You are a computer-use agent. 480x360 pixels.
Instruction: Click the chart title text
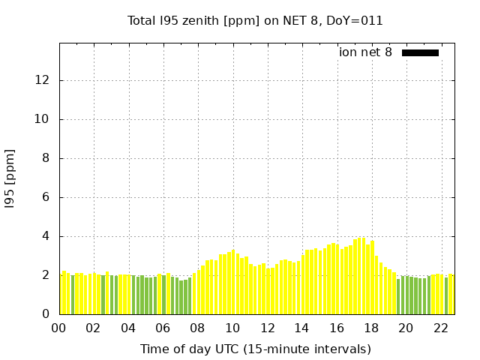pos(255,21)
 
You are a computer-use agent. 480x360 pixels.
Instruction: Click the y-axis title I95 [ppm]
pos(10,179)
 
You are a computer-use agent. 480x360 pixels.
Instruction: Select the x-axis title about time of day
pos(255,349)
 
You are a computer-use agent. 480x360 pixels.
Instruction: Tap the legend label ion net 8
pos(365,52)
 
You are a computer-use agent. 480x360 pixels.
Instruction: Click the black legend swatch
pos(420,52)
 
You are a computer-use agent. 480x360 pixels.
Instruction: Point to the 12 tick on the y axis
pos(44,80)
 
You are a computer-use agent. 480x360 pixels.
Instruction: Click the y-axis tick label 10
pos(44,119)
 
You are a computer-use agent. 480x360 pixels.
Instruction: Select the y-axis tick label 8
pos(47,158)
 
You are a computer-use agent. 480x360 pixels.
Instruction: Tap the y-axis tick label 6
pos(47,197)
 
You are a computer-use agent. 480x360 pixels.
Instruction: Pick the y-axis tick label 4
pos(47,236)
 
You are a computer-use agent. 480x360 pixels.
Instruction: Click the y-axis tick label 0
pos(47,314)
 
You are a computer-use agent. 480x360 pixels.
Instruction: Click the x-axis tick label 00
pos(59,328)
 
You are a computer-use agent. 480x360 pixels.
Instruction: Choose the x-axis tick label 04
pos(128,328)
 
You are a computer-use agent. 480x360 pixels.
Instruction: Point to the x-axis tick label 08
pos(197,328)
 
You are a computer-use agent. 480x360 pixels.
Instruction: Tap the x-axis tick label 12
pos(267,328)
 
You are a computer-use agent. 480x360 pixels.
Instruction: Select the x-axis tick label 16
pos(336,328)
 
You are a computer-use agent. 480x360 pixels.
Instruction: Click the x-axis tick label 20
pos(406,328)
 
